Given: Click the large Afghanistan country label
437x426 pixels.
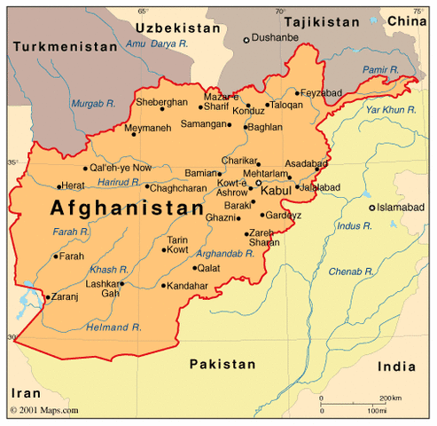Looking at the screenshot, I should (127, 209).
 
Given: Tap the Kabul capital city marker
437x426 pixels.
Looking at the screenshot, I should (259, 183).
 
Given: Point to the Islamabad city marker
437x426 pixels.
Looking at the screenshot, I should (372, 207).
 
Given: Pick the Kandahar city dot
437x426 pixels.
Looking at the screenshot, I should (163, 286).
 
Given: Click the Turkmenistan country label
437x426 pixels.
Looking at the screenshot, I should (66, 46).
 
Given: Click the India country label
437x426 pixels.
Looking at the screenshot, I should (396, 366).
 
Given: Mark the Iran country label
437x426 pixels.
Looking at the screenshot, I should (26, 391).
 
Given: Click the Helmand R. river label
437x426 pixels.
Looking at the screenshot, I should (114, 327).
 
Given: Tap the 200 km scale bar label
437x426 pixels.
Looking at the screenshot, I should (389, 398).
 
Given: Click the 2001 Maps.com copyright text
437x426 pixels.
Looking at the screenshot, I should (44, 410).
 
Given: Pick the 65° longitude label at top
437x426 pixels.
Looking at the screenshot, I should (143, 11).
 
